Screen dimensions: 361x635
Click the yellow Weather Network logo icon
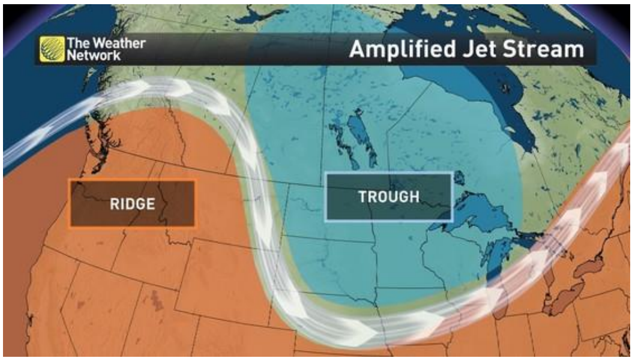(52, 49)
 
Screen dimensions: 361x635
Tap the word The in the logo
(78, 43)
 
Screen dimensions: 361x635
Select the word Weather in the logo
(118, 43)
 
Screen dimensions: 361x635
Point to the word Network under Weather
(94, 55)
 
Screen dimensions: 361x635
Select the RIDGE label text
(132, 204)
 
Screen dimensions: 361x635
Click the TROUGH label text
(388, 197)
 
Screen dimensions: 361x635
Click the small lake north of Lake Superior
(459, 178)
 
